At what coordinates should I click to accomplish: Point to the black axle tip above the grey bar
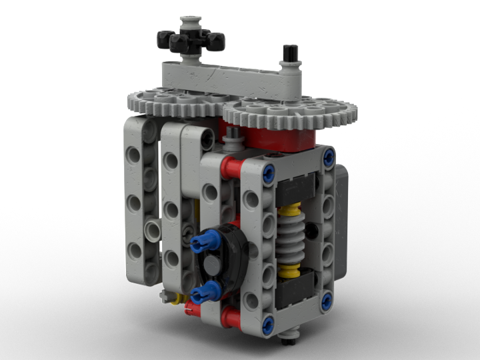(x=291, y=52)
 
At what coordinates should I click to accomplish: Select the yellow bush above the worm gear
(x=289, y=212)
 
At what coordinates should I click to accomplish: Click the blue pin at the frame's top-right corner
(x=329, y=157)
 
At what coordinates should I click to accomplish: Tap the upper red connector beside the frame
(x=231, y=168)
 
